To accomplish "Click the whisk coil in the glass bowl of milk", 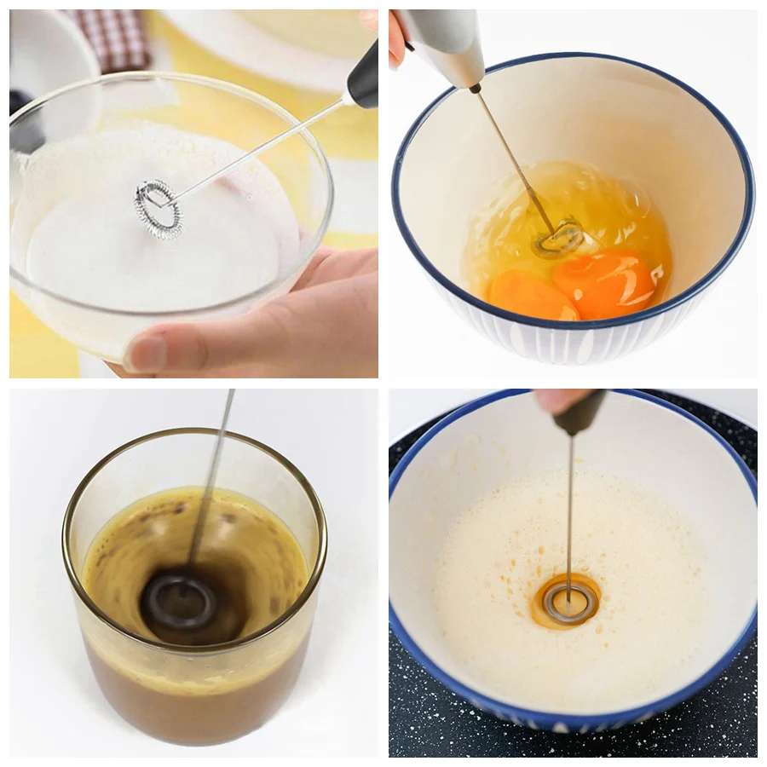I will pyautogui.click(x=159, y=209).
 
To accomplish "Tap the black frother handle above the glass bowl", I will pyautogui.click(x=363, y=77).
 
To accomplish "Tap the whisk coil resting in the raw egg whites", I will pyautogui.click(x=558, y=239).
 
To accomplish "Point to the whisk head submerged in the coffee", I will pyautogui.click(x=176, y=603).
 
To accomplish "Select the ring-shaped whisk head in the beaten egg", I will pyautogui.click(x=568, y=602).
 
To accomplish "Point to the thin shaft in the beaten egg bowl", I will pyautogui.click(x=570, y=511).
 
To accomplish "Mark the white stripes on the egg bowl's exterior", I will pyautogui.click(x=545, y=345).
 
